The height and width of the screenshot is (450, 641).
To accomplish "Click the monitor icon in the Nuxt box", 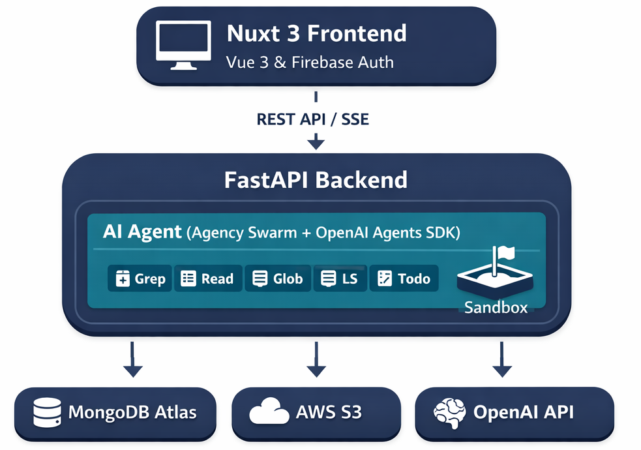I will (183, 45).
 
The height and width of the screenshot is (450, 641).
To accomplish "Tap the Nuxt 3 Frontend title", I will (316, 33).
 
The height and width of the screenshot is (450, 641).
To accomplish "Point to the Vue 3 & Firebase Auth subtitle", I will (310, 63).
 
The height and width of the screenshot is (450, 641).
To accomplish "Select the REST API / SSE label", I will (312, 119).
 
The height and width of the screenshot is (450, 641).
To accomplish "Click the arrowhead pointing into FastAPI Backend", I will (316, 142).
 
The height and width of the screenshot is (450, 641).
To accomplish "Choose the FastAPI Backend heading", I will (316, 179).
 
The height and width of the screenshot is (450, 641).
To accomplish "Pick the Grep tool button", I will (140, 278).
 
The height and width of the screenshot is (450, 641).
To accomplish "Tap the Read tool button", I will (207, 278).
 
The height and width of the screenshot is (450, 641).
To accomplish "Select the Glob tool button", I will (277, 278).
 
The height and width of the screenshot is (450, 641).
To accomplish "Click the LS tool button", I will (340, 278).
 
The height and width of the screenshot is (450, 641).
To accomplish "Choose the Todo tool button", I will (404, 278).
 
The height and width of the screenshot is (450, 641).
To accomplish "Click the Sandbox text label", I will (496, 307).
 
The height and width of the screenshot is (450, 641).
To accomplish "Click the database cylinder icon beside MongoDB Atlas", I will (46, 412).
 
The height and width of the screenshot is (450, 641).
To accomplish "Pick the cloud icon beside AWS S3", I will (269, 412).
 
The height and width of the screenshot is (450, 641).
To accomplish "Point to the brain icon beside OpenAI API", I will (450, 412).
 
